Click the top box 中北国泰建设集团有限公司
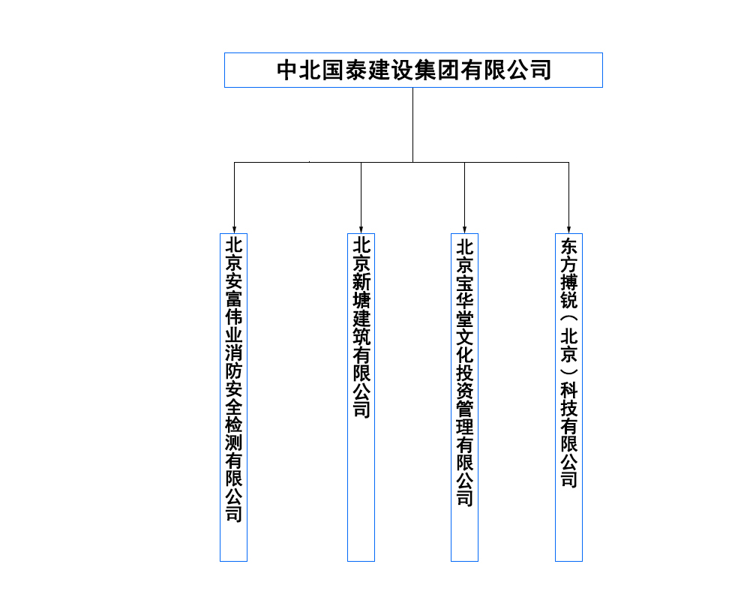pos(413,70)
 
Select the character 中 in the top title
pos(288,70)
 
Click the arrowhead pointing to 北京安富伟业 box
pos(234,228)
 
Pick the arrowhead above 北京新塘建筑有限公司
pos(361,228)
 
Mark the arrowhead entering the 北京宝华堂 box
pos(464,228)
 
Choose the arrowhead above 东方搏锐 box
pos(568,228)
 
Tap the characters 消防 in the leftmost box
pos(234,361)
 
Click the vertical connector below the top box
pos(412,124)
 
